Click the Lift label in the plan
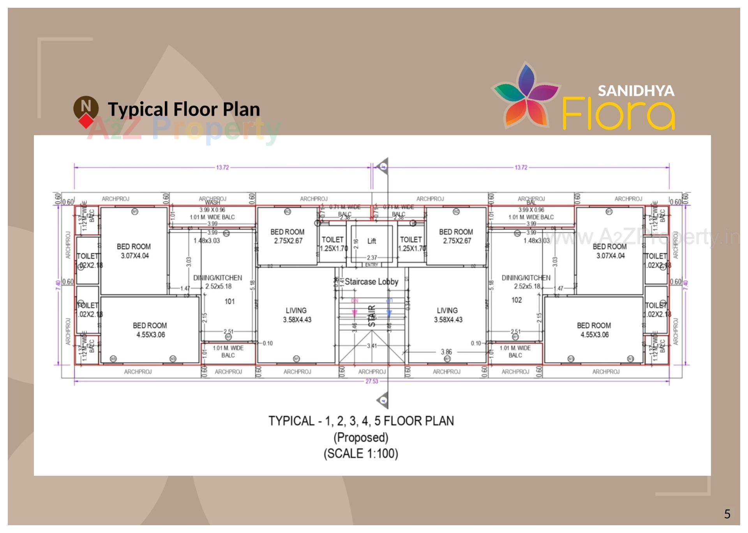coord(371,241)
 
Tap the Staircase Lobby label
coord(371,281)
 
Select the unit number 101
coord(229,301)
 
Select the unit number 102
coord(516,300)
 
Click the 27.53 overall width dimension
coord(371,381)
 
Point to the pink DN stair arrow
coord(355,313)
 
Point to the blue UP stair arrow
coord(389,313)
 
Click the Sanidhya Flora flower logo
coord(526,95)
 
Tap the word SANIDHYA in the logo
coord(636,91)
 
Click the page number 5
coord(727,514)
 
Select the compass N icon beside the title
coord(86,107)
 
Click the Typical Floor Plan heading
coord(184,109)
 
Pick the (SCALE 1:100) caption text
coord(361,454)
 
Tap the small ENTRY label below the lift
coord(372,265)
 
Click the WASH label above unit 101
coord(212,202)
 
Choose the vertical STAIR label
coord(372,316)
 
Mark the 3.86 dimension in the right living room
coord(446,352)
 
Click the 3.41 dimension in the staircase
coord(372,345)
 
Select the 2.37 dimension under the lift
coord(372,257)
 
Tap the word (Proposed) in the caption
coord(361,437)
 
